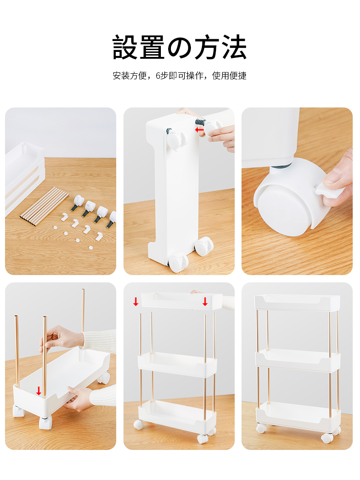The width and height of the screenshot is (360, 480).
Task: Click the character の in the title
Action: coord(180,47)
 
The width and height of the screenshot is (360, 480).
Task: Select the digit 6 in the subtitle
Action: coord(158,76)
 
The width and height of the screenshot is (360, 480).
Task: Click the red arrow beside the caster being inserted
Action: coord(199,130)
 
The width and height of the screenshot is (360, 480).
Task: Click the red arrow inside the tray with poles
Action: coord(39,391)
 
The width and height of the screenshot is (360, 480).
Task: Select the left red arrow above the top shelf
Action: coord(136,301)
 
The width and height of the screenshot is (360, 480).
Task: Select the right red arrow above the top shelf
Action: coord(205,301)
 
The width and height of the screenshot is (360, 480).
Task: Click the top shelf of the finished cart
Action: coord(297,302)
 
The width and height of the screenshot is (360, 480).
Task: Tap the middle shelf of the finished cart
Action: coord(298,360)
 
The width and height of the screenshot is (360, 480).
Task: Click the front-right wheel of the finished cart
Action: coord(327,438)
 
